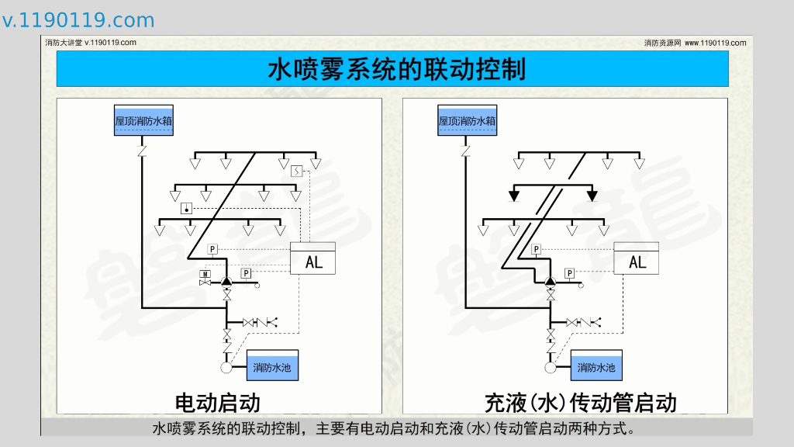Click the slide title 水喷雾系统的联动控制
(396, 70)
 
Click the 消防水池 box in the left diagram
(272, 366)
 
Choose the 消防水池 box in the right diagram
(596, 366)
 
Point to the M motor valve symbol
(205, 275)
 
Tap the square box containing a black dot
(186, 209)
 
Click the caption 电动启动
(217, 402)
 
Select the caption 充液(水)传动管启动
(580, 402)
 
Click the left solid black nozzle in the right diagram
(514, 196)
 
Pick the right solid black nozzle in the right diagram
(592, 196)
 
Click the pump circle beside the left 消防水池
(227, 358)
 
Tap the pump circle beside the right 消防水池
(551, 358)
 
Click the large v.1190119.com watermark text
(78, 20)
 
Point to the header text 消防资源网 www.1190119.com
(695, 43)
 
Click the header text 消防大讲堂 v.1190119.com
(91, 43)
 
